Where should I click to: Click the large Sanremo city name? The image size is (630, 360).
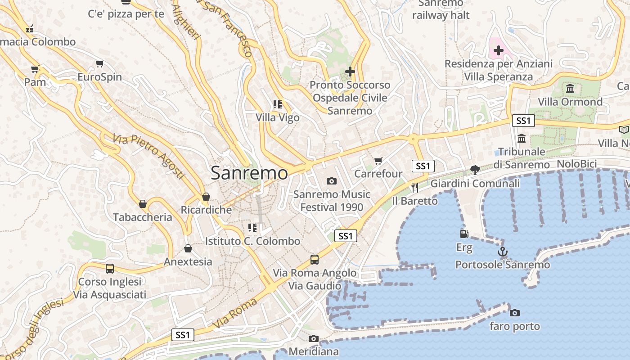(x=249, y=173)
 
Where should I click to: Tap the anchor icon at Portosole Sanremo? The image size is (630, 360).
(x=502, y=252)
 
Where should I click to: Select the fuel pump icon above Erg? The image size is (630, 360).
(x=464, y=234)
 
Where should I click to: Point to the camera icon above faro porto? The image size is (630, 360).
(x=515, y=313)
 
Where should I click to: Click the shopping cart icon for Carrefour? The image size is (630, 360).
(x=378, y=161)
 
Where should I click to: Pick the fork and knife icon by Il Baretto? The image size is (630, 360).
(x=414, y=187)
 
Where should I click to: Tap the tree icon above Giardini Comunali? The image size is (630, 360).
(x=475, y=170)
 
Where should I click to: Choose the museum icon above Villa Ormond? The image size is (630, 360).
(x=570, y=88)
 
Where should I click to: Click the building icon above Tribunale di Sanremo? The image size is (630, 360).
(x=522, y=138)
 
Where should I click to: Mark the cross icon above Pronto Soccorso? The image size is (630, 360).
(x=350, y=72)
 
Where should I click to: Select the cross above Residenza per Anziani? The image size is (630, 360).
(x=498, y=50)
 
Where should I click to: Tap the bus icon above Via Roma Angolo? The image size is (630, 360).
(x=315, y=260)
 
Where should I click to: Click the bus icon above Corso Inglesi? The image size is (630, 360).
(x=110, y=269)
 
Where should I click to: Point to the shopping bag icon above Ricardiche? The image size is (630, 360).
(x=206, y=197)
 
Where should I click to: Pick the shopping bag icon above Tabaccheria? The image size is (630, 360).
(x=143, y=204)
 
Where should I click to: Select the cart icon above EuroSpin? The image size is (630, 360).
(x=99, y=64)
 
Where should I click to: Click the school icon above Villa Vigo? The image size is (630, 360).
(x=277, y=104)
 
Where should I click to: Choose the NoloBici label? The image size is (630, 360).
(x=576, y=164)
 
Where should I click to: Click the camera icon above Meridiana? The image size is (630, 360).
(x=314, y=338)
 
